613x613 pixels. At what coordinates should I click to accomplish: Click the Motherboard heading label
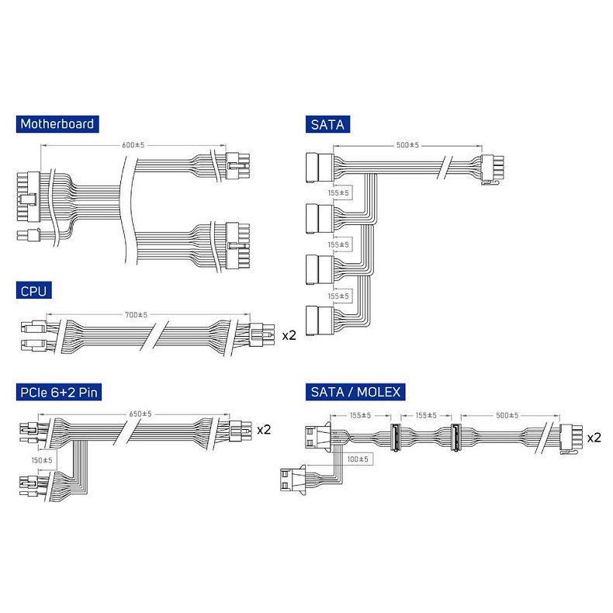click(x=57, y=124)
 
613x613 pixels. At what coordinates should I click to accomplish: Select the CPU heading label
click(x=33, y=290)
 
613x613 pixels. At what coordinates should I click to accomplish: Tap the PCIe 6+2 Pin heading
click(x=59, y=392)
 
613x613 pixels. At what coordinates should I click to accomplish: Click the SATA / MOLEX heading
click(x=355, y=392)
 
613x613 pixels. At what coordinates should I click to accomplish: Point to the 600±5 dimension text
click(x=133, y=145)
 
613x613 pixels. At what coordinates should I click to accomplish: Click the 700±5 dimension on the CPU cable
click(x=136, y=314)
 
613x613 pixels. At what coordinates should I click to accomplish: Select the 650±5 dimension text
click(x=140, y=414)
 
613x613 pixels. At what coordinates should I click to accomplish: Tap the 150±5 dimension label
click(x=42, y=460)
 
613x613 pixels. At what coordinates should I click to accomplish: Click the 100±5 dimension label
click(x=358, y=459)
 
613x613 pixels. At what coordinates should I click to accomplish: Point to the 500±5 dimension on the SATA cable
click(x=407, y=145)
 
